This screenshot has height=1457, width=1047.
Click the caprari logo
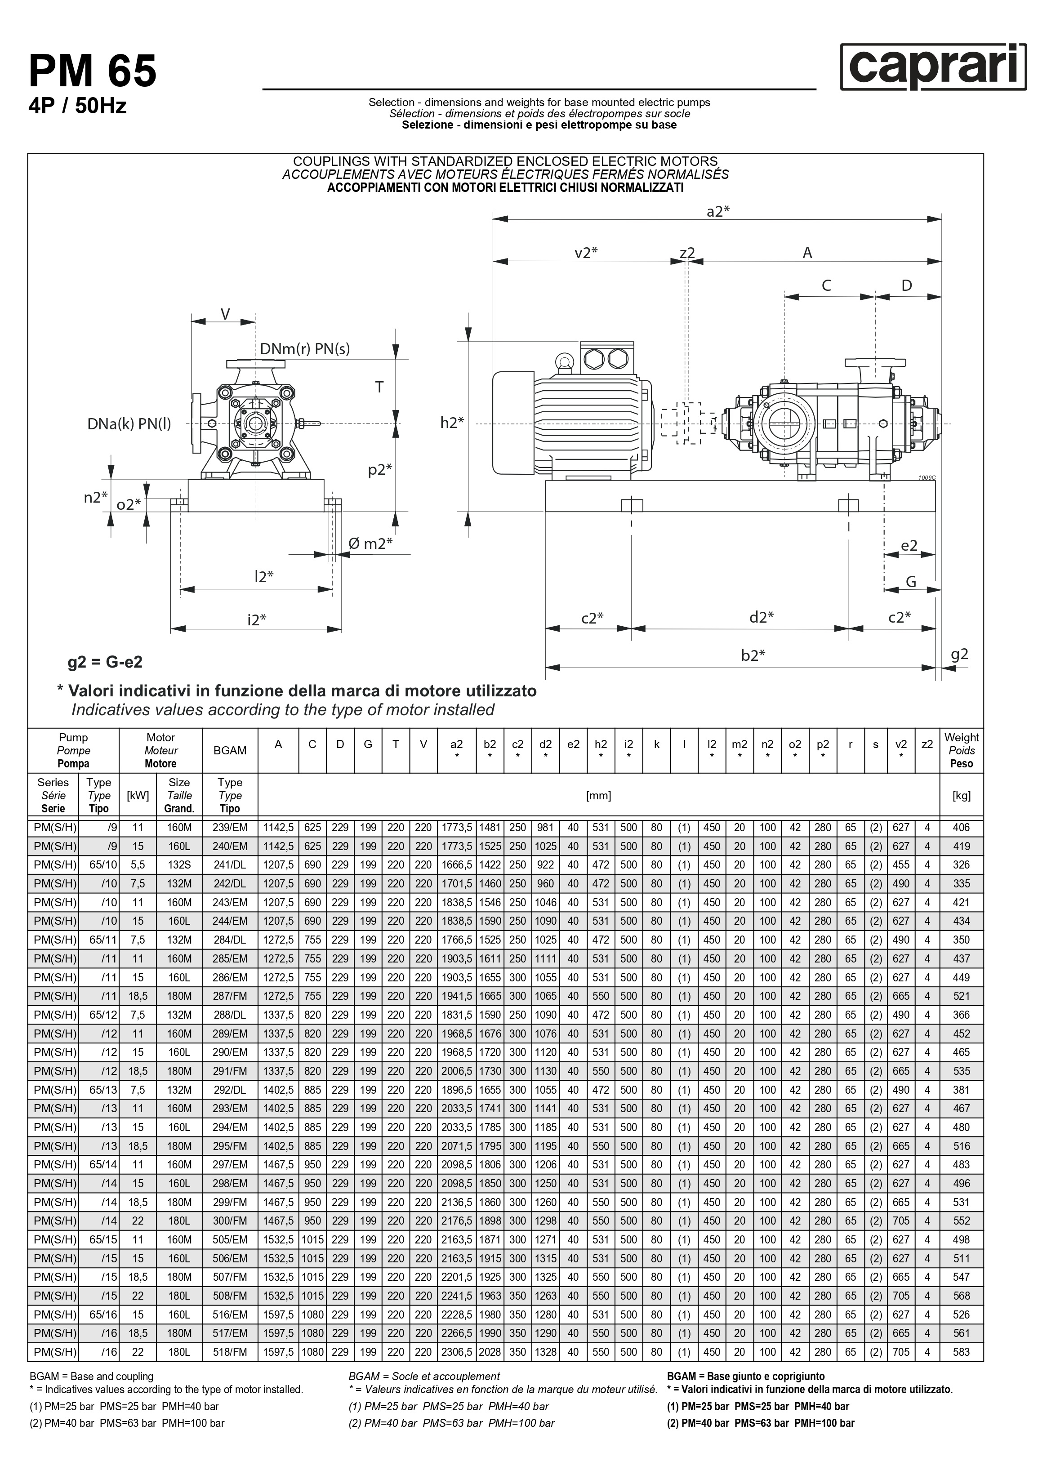point(933,67)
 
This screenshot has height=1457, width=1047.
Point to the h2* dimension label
point(451,422)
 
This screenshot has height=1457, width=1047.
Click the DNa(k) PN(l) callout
point(129,424)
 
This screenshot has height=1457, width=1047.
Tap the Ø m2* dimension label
point(370,544)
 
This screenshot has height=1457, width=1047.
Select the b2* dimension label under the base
point(753,655)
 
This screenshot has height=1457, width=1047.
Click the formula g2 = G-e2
point(105,662)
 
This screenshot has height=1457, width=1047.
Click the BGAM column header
point(230,750)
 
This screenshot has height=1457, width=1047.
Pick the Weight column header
point(961,750)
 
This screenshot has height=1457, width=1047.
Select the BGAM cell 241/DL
point(230,864)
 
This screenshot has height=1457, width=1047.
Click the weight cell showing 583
point(961,1352)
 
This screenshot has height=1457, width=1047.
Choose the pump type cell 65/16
point(103,1314)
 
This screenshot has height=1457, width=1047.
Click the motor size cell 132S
point(179,864)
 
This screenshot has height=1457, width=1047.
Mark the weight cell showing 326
point(961,864)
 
